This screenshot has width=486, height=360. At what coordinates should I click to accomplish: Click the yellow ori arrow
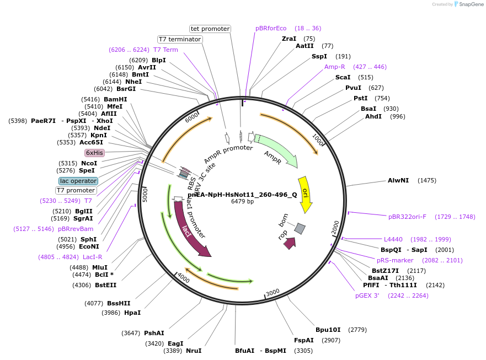click(x=305, y=194)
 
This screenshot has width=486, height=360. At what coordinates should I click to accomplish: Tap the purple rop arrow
click(x=290, y=243)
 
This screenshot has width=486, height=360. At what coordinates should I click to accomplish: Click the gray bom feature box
click(x=300, y=228)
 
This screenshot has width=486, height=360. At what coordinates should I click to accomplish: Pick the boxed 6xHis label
click(x=94, y=153)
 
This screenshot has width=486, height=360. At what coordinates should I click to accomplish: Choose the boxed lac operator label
click(x=78, y=181)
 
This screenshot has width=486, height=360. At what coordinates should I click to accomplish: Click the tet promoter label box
click(x=210, y=29)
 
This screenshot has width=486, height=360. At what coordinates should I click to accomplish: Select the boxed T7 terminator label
click(x=179, y=39)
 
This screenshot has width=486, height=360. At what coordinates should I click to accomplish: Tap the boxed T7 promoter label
click(x=76, y=191)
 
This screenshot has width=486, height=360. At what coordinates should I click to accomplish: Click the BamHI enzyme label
click(x=115, y=99)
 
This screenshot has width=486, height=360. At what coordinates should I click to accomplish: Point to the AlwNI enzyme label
click(x=398, y=180)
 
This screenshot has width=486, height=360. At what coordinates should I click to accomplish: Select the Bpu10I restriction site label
click(x=328, y=330)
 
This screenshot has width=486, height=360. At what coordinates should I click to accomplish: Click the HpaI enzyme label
click(x=132, y=313)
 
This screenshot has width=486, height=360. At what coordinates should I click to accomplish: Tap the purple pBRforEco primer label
click(x=271, y=28)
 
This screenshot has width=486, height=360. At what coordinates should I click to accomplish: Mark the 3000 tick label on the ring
click(x=273, y=292)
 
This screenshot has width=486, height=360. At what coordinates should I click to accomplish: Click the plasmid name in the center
click(x=242, y=194)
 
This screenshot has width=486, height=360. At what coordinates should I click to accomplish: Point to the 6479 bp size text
click(x=242, y=202)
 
